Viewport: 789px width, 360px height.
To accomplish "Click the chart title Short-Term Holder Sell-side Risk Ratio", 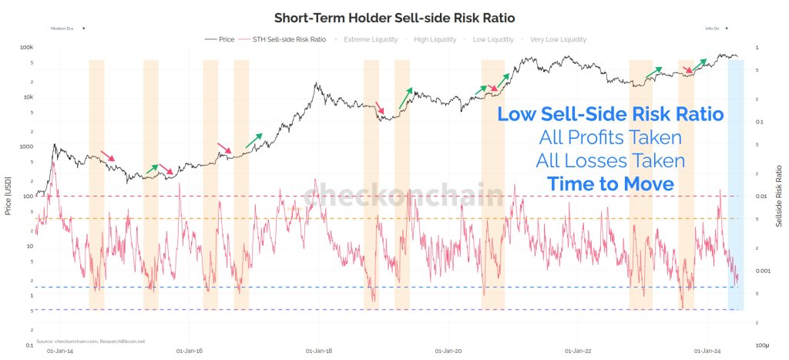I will pyautogui.click(x=394, y=18).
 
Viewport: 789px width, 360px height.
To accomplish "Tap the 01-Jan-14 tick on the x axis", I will pyautogui.click(x=59, y=350).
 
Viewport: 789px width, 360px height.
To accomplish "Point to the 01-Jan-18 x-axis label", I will pyautogui.click(x=319, y=350).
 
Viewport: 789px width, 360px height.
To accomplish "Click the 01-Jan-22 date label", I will pyautogui.click(x=579, y=350).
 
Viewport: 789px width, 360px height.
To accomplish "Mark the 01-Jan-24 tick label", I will pyautogui.click(x=708, y=350).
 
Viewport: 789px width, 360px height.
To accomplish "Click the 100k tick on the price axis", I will pyautogui.click(x=25, y=48).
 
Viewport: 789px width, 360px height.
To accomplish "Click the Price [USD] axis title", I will pyautogui.click(x=8, y=197).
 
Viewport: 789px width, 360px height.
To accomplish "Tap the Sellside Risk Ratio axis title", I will pyautogui.click(x=782, y=197).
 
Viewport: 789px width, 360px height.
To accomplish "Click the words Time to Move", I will pyautogui.click(x=610, y=184).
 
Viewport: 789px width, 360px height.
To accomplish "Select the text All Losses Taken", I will pyautogui.click(x=610, y=161).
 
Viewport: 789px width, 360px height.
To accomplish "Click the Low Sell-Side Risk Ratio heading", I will pyautogui.click(x=610, y=114).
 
